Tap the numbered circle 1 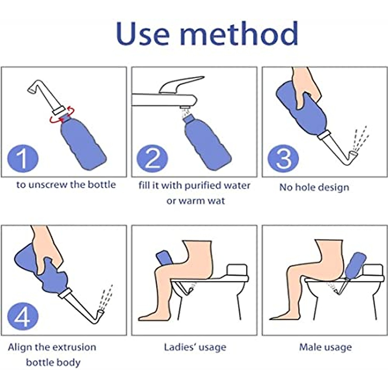pos(23,159)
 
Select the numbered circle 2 pos(152,159)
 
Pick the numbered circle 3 pos(283,159)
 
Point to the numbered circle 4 pos(23,317)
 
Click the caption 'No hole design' pos(314,188)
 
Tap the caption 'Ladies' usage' pos(195,347)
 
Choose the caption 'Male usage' pos(325,347)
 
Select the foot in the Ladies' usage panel pos(152,316)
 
